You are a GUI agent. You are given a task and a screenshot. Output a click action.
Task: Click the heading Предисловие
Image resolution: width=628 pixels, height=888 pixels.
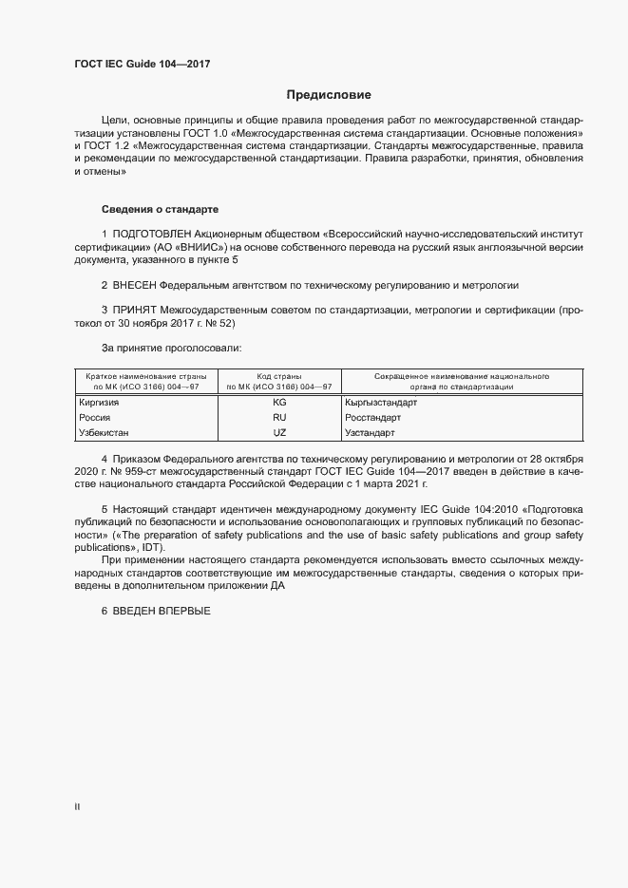pyautogui.click(x=329, y=95)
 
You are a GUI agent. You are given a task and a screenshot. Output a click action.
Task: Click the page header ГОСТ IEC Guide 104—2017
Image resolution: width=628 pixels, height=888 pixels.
pyautogui.click(x=142, y=64)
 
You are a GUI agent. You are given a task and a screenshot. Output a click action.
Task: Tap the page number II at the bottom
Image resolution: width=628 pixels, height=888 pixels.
pyautogui.click(x=77, y=806)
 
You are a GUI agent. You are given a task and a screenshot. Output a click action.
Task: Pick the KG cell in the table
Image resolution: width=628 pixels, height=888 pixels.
pyautogui.click(x=278, y=403)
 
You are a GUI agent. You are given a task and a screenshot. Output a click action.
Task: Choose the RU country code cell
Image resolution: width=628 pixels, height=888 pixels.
pyautogui.click(x=278, y=417)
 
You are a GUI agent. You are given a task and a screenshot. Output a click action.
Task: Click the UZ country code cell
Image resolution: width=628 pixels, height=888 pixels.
pyautogui.click(x=278, y=432)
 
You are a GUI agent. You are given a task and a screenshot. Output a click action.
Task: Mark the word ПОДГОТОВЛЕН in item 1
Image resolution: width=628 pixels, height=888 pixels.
pyautogui.click(x=153, y=234)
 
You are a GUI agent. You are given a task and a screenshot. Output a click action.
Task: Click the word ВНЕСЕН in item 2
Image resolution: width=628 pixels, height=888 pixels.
pyautogui.click(x=134, y=285)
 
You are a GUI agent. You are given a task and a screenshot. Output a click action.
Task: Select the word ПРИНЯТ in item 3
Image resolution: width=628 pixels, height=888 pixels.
pyautogui.click(x=135, y=310)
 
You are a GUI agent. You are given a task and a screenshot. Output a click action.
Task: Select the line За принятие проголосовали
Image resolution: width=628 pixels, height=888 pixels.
pyautogui.click(x=171, y=349)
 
